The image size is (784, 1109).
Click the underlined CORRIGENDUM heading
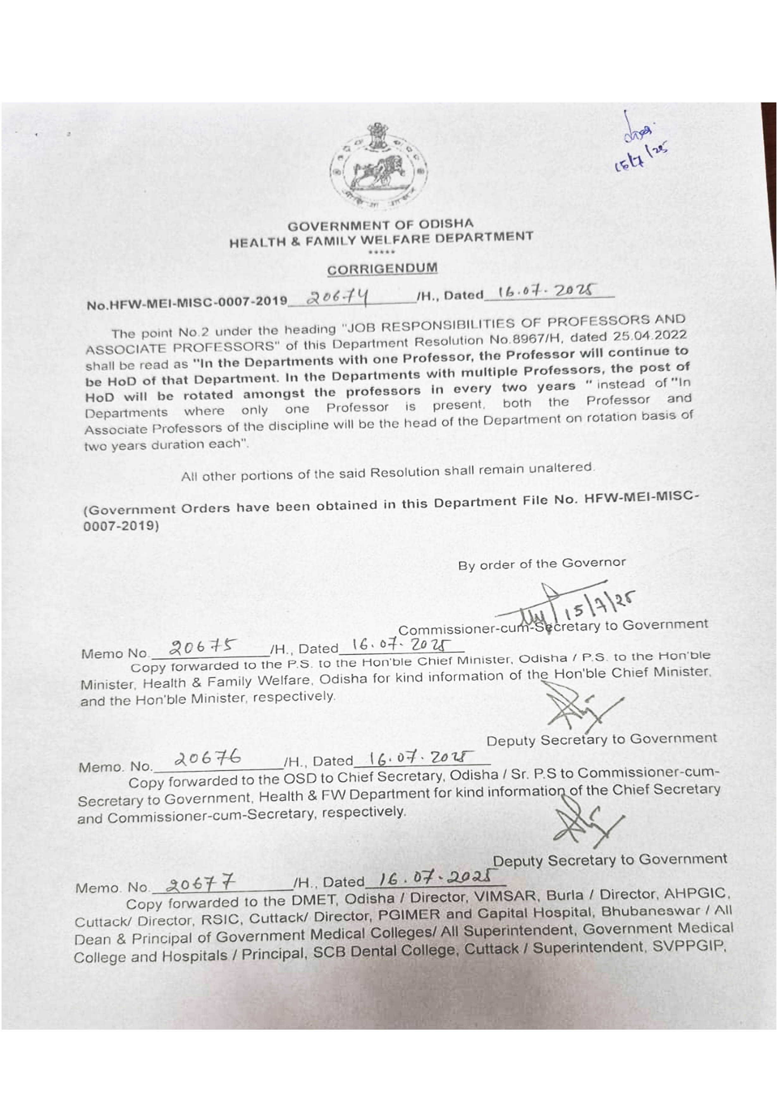coord(382,268)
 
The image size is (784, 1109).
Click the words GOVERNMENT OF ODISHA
coord(381,225)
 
